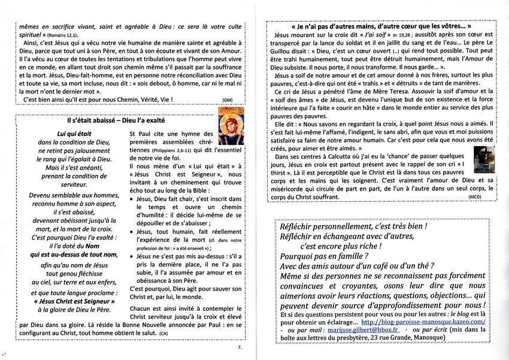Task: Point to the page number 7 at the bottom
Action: coord(239,347)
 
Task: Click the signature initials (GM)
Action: coord(227,99)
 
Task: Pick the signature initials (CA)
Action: coord(163,332)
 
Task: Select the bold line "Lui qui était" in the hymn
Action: coord(74,134)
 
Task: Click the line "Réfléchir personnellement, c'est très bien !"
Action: coord(353,227)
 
